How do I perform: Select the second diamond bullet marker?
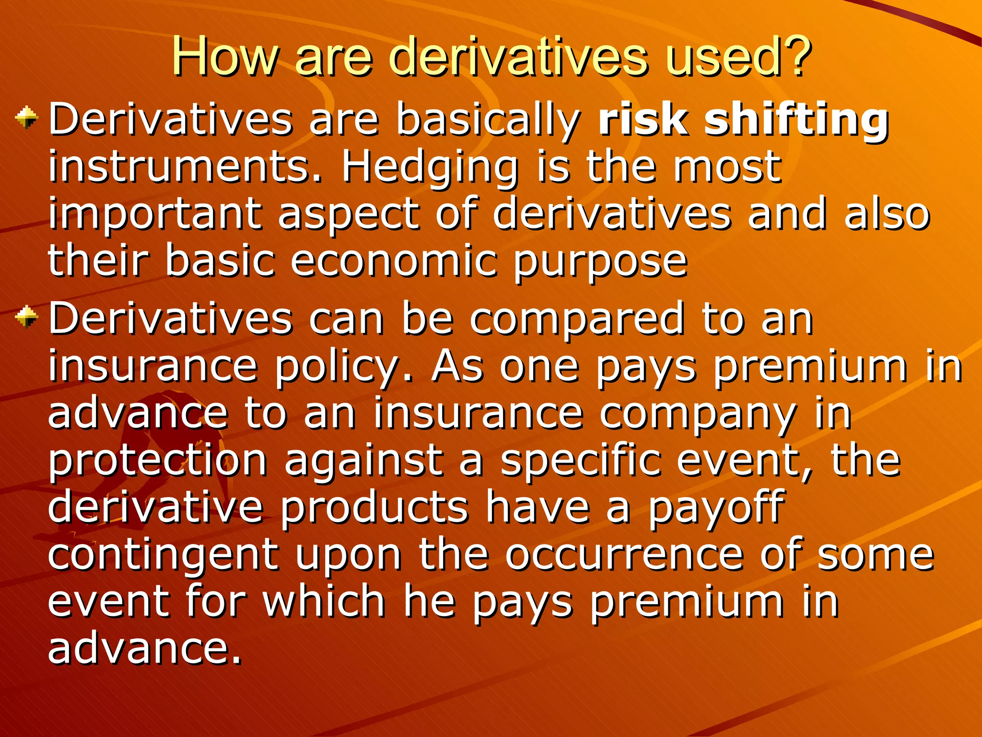click(27, 317)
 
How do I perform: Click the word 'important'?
click(154, 215)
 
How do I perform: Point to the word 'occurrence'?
click(624, 555)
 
